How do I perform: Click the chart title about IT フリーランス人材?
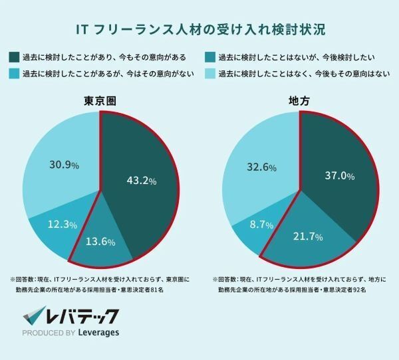coord(199,31)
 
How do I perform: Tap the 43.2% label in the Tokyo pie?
coord(142,180)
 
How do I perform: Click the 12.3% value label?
coord(61,225)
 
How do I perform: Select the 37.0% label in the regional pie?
coord(338,175)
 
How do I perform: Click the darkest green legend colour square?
coord(15,57)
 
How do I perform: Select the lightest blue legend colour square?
coord(209,73)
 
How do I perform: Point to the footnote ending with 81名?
coord(100,284)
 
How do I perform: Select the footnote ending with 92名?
coord(299,284)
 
